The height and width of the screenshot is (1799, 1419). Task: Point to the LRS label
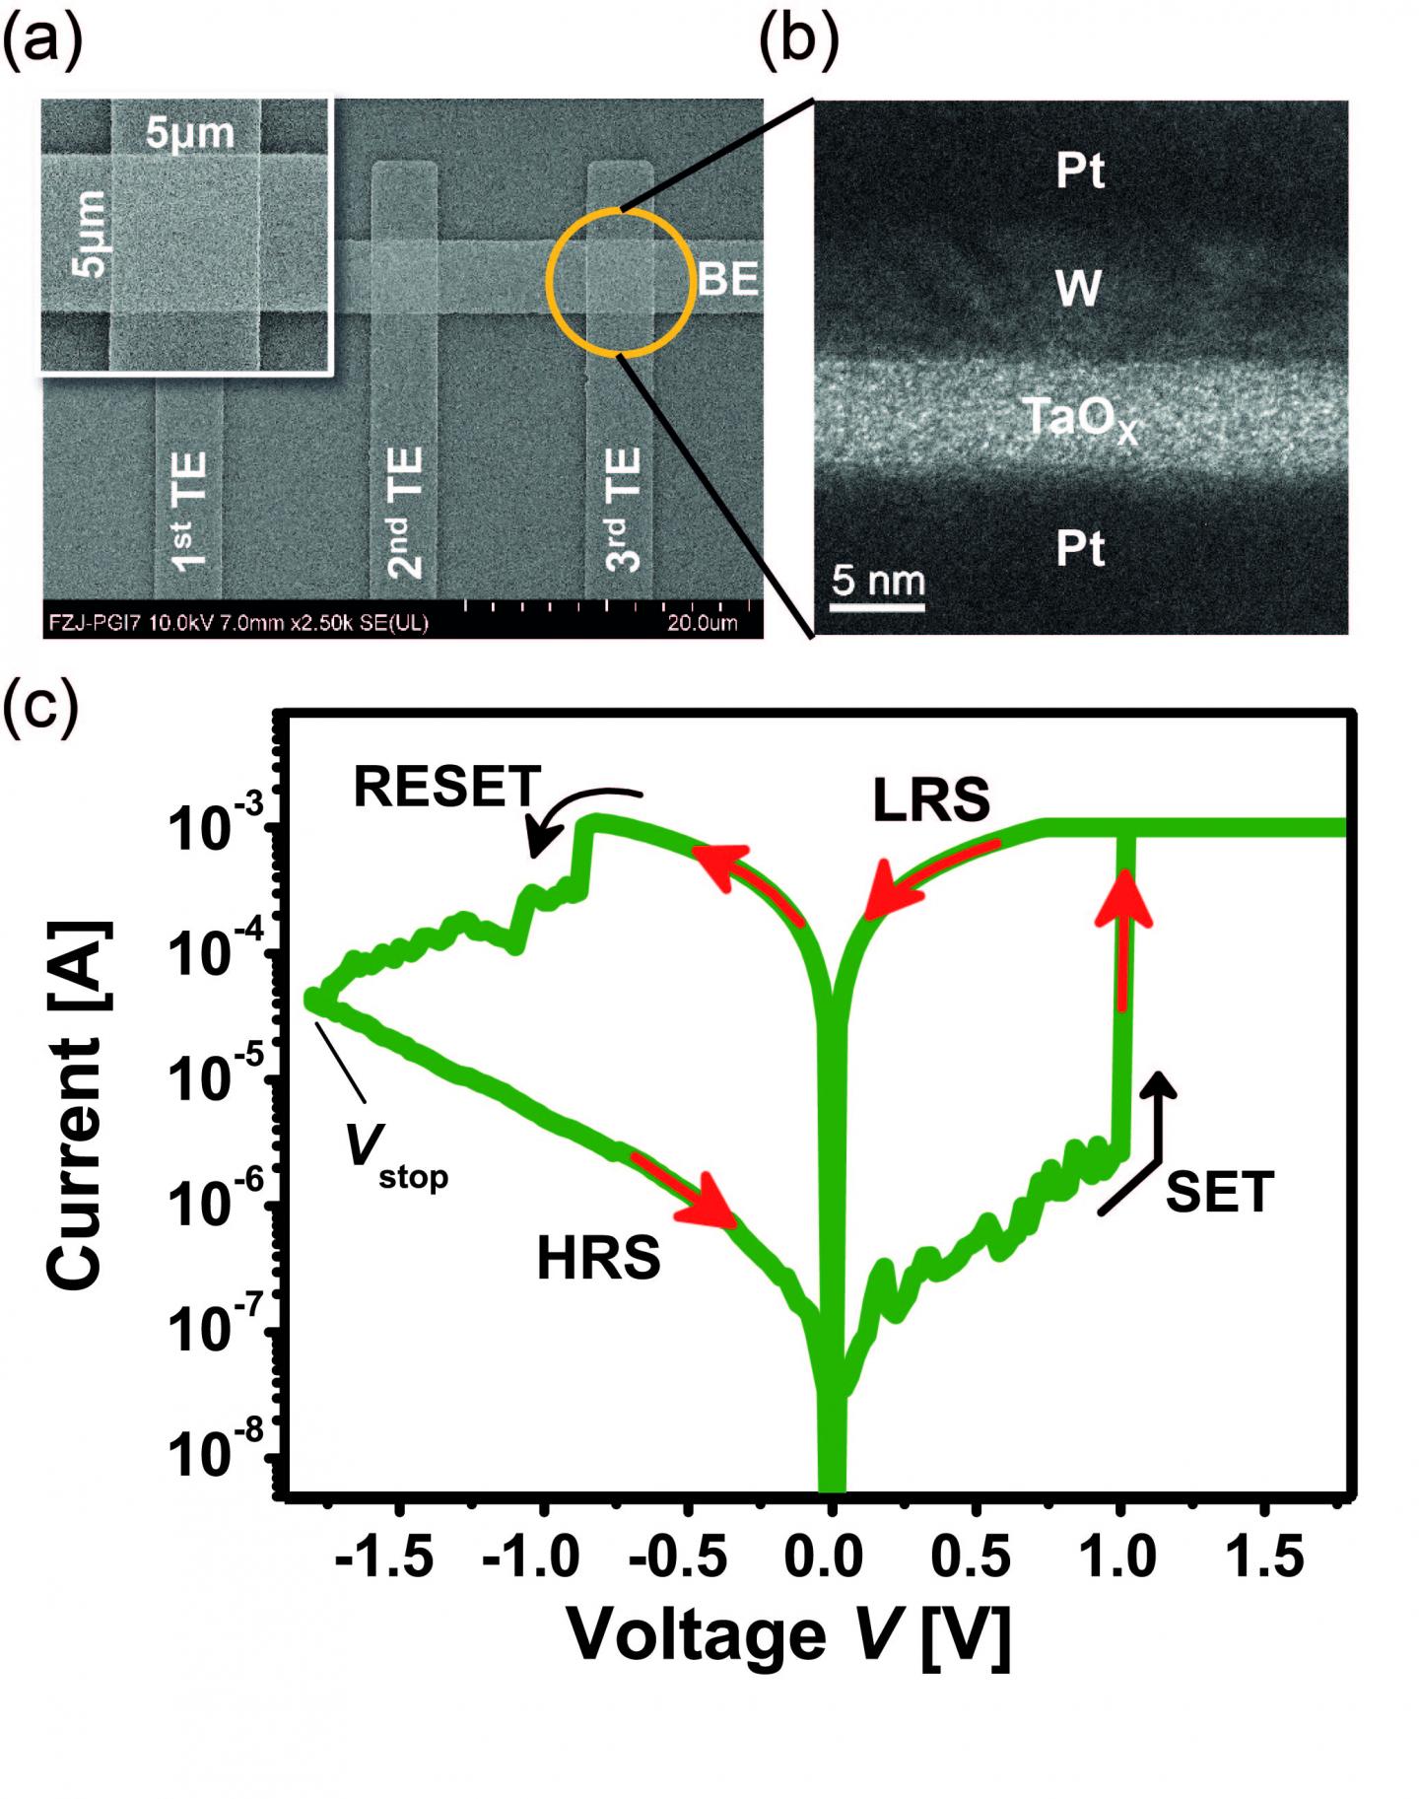[931, 801]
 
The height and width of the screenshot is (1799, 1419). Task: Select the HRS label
[598, 1259]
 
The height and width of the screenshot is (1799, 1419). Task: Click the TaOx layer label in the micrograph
[1080, 419]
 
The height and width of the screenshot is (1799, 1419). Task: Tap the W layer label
[1078, 289]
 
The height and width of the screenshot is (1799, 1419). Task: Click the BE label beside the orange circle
[728, 280]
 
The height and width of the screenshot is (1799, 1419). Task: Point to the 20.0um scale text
[702, 623]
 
